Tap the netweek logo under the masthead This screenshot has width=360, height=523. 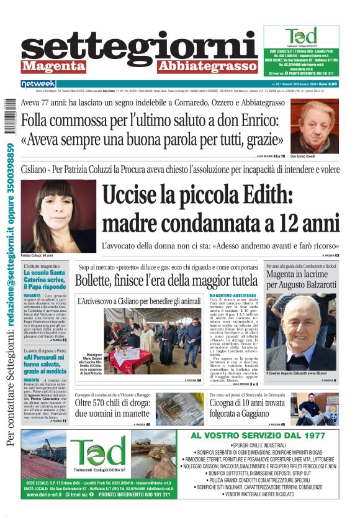point(38,83)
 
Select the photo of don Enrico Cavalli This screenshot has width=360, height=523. point(315,126)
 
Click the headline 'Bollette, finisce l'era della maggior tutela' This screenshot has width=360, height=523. point(166,280)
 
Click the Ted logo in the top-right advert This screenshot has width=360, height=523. point(300,36)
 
